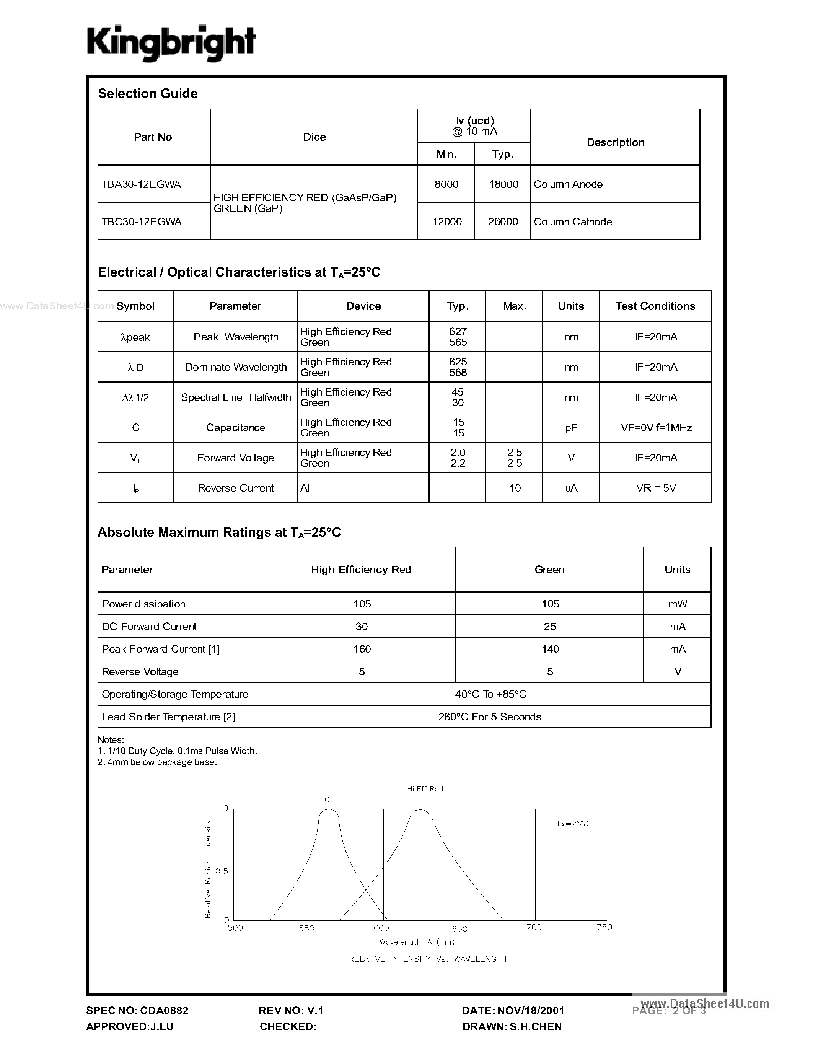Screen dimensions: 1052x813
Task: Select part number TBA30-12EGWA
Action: pos(141,184)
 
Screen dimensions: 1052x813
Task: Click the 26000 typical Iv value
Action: pos(503,221)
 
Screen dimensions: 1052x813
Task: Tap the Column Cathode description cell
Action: pos(573,221)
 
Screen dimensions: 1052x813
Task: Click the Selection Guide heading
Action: pos(147,93)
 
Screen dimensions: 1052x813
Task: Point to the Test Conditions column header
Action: pos(655,306)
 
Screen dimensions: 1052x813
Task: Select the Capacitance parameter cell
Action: pos(236,428)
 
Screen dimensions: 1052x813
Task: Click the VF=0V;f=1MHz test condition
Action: pos(656,428)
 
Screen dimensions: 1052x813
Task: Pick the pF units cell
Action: pos(571,428)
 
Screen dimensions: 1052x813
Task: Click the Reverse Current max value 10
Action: pos(515,488)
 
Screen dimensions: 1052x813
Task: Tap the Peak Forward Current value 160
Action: pos(362,649)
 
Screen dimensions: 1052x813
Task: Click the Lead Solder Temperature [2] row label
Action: pos(168,717)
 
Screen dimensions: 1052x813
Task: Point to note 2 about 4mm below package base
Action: pos(158,762)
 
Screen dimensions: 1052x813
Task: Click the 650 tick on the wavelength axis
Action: pos(459,929)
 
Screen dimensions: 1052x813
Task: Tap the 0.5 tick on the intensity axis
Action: pos(222,871)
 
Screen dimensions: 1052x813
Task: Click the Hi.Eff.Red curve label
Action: pos(425,789)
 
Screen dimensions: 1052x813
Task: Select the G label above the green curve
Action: pos(327,800)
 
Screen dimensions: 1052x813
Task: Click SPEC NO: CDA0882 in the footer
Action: pos(137,1011)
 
